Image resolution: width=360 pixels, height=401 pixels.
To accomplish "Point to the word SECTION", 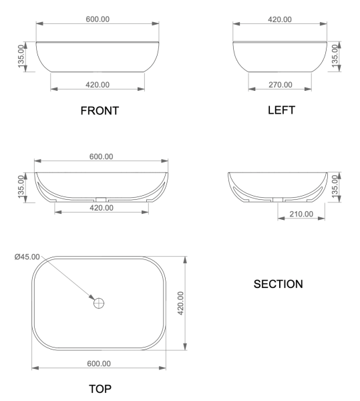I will coord(278,284).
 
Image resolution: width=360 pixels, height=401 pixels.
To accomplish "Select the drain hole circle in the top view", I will coord(99,302).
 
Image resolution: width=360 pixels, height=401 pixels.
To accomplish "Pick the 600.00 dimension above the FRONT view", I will coord(98,18).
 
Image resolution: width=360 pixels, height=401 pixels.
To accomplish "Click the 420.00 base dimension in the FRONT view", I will coord(98,85).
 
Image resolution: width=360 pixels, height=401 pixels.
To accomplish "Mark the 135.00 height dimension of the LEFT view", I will coord(336,56).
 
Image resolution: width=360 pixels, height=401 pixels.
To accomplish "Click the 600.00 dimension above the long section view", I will coord(100,156).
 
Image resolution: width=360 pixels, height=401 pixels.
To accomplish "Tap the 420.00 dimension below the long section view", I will coord(100,208).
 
